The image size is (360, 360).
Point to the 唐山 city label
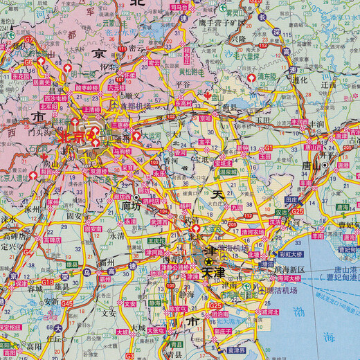tap(313, 166)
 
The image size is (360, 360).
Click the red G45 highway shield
tap(67, 303)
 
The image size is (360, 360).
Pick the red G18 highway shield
tap(48, 282)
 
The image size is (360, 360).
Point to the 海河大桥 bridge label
tap(290, 278)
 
